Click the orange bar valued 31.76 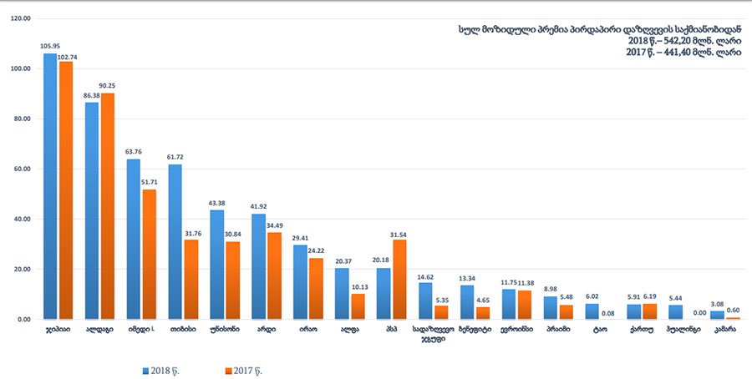tap(191, 279)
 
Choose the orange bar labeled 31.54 tap(400, 279)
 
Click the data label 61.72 tap(175, 158)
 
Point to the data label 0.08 tap(608, 313)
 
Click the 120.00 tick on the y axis tap(20, 18)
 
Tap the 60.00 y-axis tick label tap(20, 169)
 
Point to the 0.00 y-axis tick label tap(23, 319)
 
